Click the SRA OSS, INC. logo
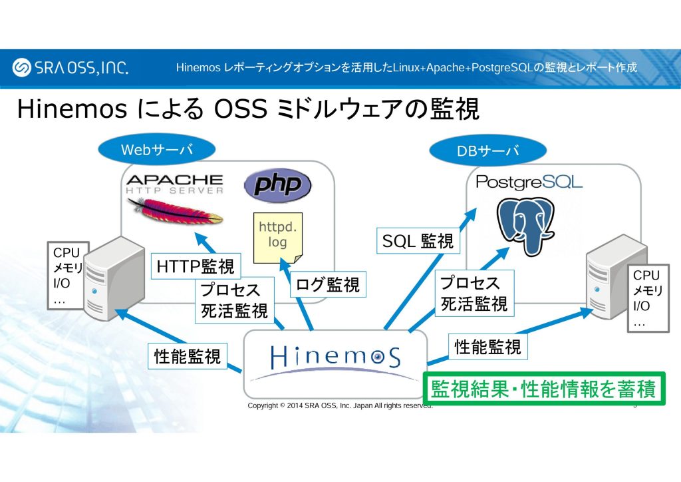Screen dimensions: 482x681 [70, 67]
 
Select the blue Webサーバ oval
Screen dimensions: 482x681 [156, 150]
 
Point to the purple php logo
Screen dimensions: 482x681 [277, 184]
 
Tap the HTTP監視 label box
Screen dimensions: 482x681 [196, 266]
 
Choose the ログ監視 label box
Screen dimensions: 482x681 [328, 286]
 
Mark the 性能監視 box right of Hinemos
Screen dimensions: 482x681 [488, 346]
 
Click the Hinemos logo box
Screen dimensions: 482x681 [335, 362]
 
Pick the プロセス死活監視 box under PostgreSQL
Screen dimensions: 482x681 [474, 294]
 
